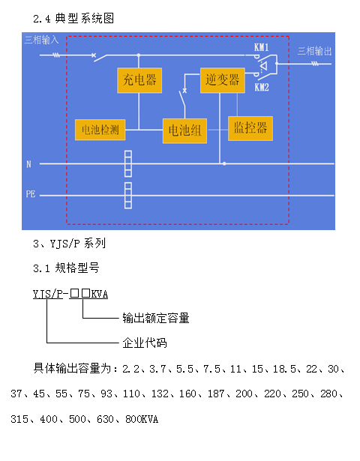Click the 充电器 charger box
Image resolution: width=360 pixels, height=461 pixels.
(139, 80)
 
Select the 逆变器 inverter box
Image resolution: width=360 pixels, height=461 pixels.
(223, 80)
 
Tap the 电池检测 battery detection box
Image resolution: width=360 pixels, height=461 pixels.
(100, 130)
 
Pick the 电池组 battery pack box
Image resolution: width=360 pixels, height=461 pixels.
(184, 131)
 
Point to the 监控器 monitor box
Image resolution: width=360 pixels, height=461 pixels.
(250, 128)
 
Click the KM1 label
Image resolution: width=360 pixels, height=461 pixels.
(262, 47)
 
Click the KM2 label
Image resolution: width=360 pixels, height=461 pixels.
(262, 87)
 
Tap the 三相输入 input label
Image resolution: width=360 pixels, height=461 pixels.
(41, 40)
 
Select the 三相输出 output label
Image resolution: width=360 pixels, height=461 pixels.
(314, 51)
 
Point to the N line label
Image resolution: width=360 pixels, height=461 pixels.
(28, 164)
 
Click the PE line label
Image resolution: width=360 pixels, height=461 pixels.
(31, 194)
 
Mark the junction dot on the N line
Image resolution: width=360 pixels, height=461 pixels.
(224, 163)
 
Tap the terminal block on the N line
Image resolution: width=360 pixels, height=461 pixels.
(128, 163)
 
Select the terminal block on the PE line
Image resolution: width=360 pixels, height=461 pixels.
(128, 196)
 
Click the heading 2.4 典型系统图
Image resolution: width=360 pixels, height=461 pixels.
(73, 19)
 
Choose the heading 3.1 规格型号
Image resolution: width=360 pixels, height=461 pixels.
(66, 268)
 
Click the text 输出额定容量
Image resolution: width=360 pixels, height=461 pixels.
(156, 318)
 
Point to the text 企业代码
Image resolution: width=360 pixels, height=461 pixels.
(145, 343)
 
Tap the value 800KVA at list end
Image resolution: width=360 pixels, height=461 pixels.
(142, 419)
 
